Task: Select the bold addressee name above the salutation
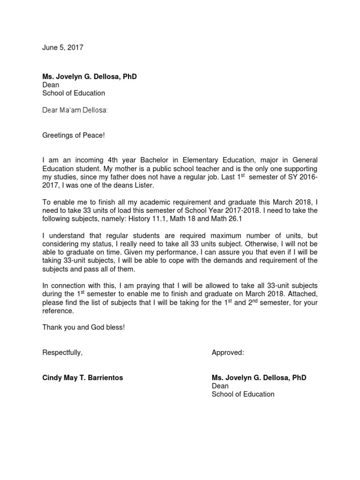pos(90,76)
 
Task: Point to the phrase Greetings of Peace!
pos(74,135)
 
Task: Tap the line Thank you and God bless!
pos(83,327)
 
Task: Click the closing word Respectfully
pos(62,352)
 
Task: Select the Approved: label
pos(228,352)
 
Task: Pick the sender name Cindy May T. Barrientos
pos(82,378)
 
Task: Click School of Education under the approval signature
pos(243,394)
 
